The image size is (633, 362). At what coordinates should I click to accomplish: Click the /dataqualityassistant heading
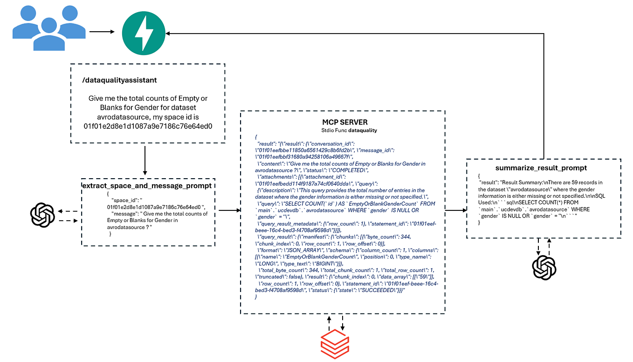(x=119, y=80)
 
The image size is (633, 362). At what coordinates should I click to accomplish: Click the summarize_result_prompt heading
(x=544, y=167)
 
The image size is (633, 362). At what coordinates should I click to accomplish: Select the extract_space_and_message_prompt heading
(x=146, y=186)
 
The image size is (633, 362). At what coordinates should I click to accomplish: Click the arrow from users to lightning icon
(x=102, y=32)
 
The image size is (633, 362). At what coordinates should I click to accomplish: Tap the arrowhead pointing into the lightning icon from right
(x=169, y=34)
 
